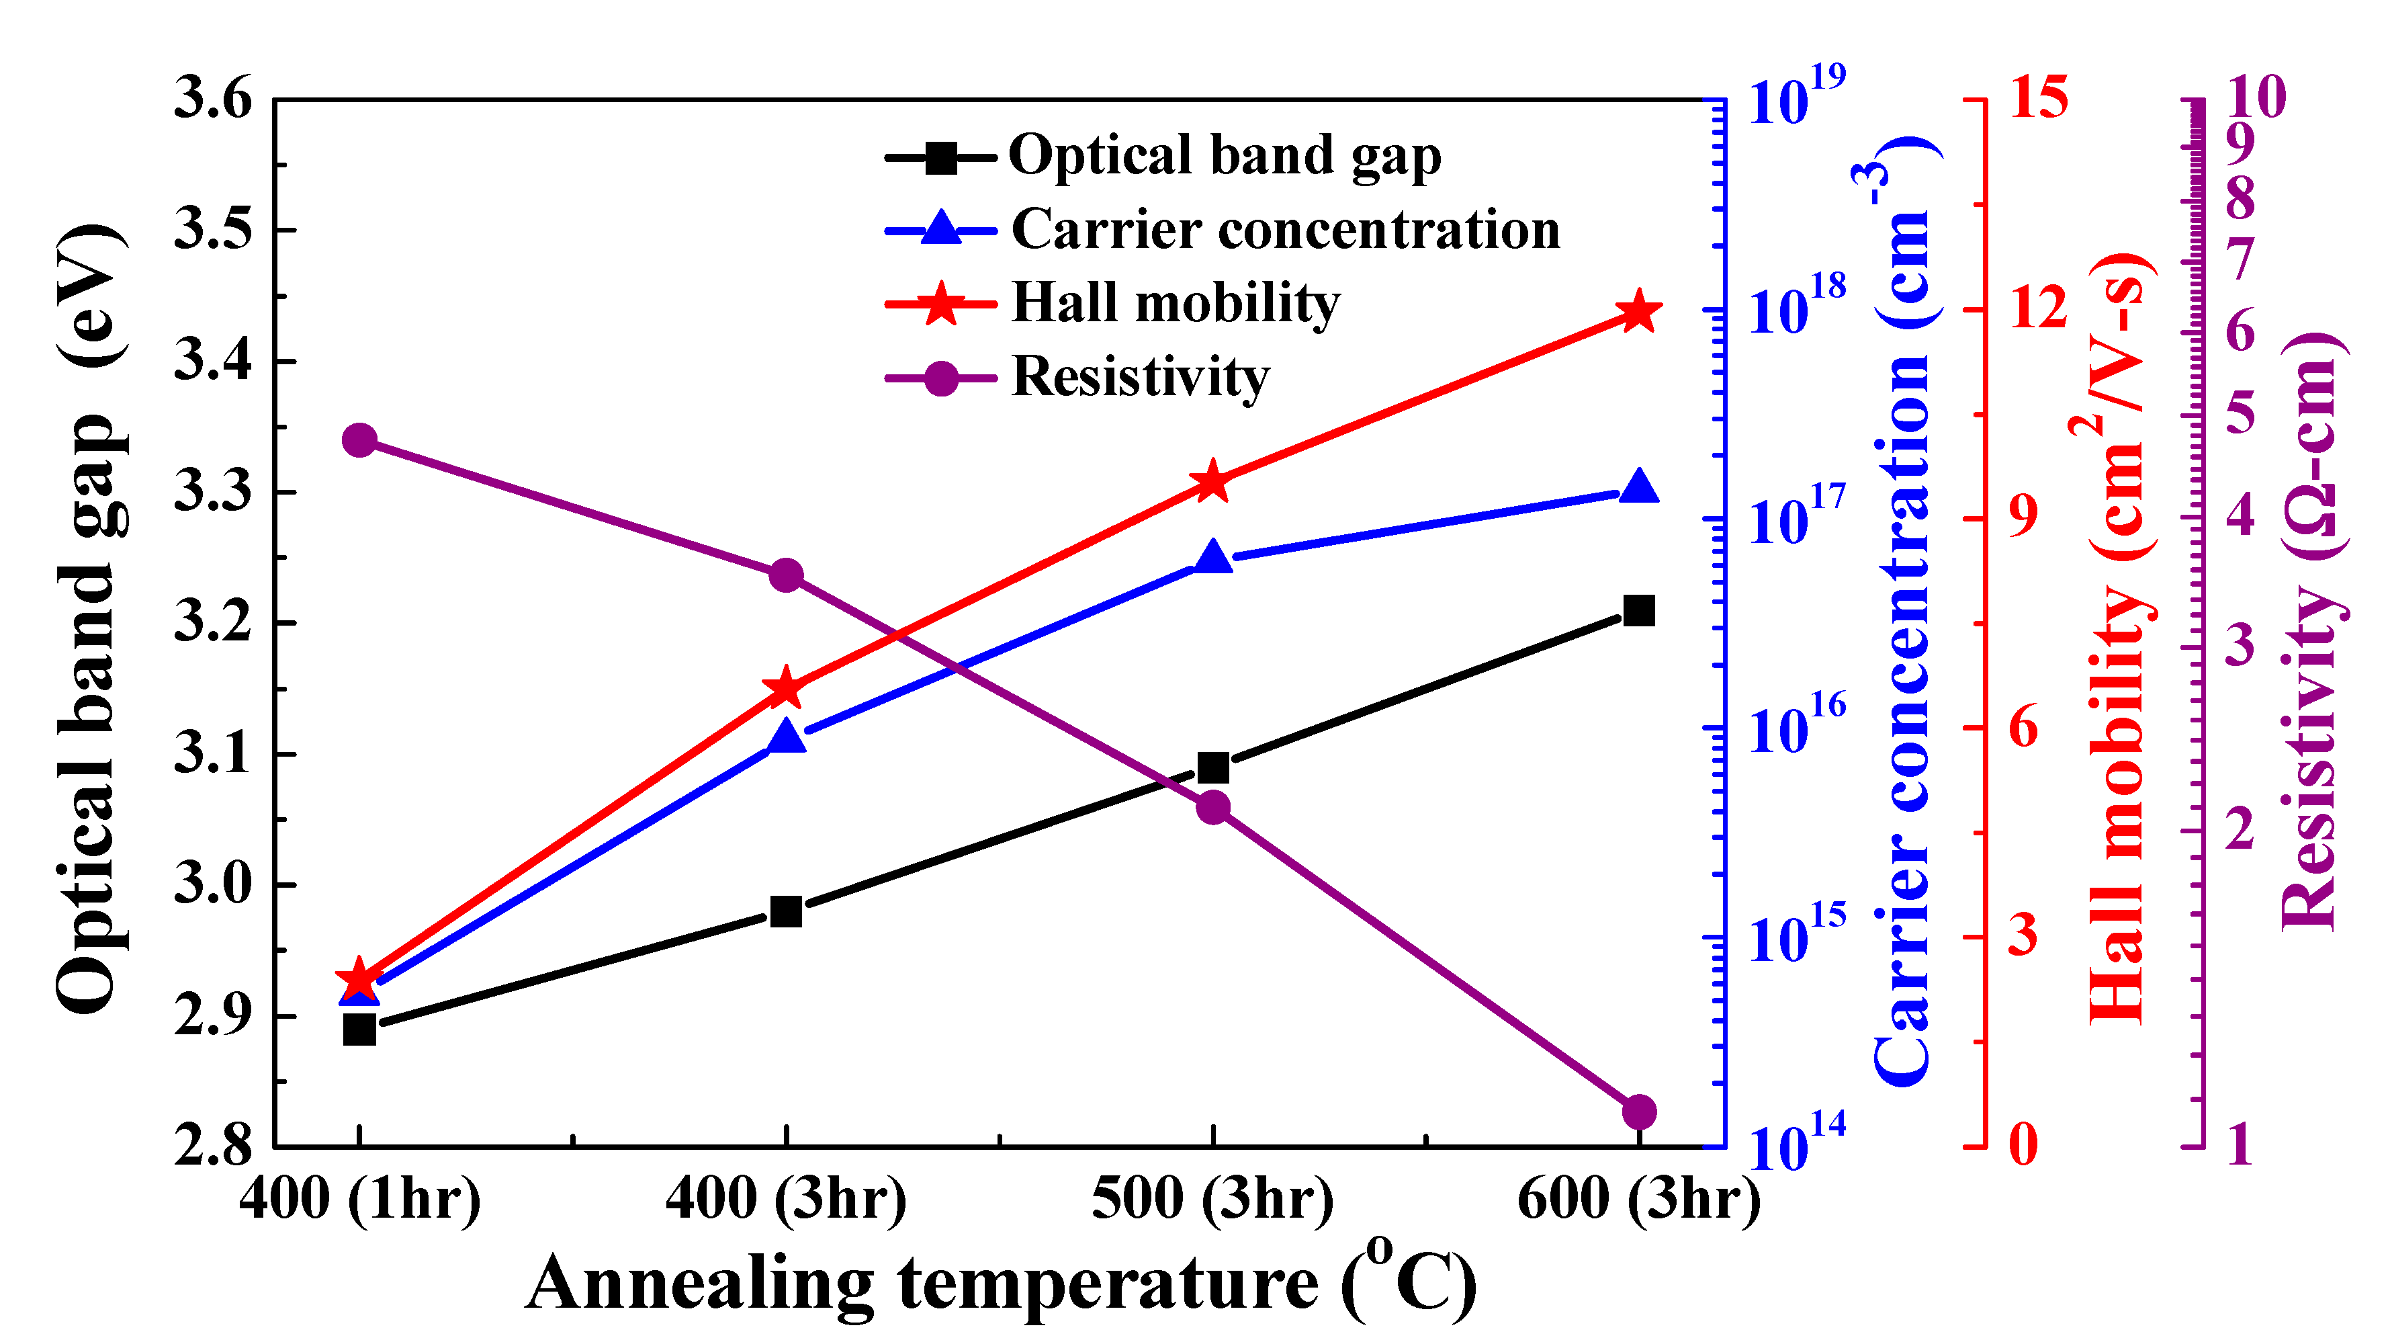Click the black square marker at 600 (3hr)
pyautogui.click(x=1638, y=611)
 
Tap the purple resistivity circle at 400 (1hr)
pyautogui.click(x=359, y=440)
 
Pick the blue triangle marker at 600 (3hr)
pyautogui.click(x=1638, y=487)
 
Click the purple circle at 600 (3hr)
pyautogui.click(x=1638, y=1111)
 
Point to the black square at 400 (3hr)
pyautogui.click(x=786, y=912)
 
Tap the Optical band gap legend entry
pyautogui.click(x=1225, y=155)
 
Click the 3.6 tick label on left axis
pyautogui.click(x=214, y=98)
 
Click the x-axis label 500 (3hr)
pyautogui.click(x=1212, y=1198)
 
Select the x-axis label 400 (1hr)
pyautogui.click(x=360, y=1198)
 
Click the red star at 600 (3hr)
pyautogui.click(x=1638, y=312)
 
